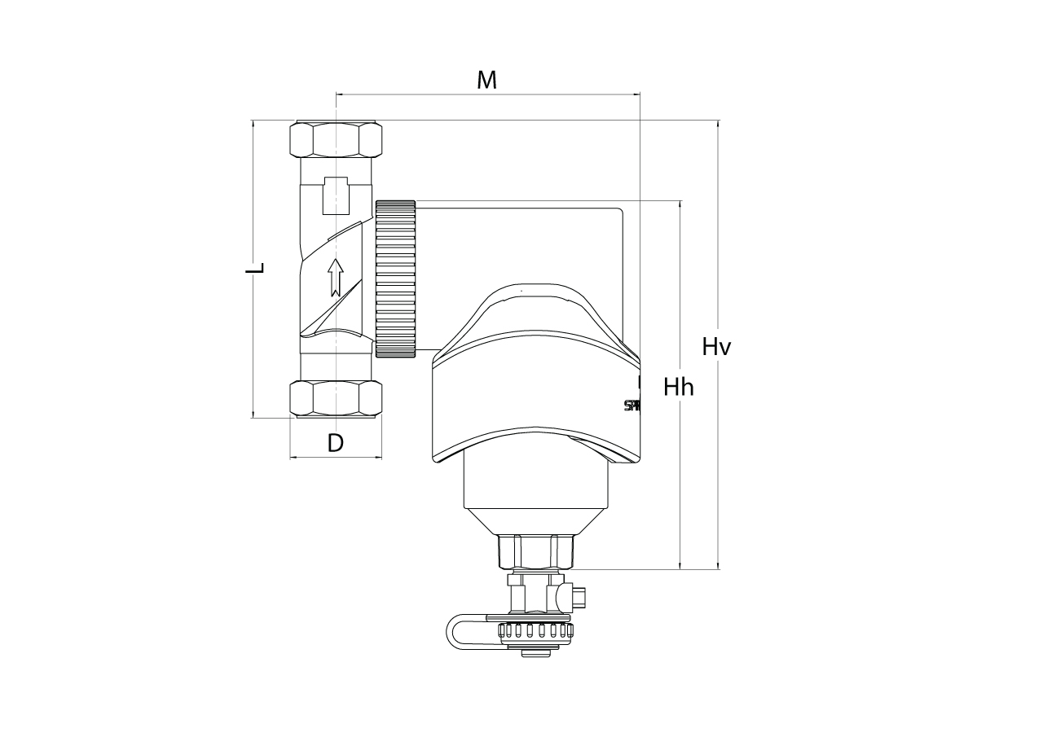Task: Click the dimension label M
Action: [x=486, y=80]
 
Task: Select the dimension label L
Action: [x=256, y=269]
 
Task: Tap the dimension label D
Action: [x=335, y=443]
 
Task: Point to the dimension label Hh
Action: [x=678, y=387]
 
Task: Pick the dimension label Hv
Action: [x=716, y=347]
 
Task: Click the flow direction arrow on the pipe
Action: [x=335, y=277]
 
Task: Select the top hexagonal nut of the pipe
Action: [x=337, y=139]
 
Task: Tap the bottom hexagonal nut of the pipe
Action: [x=337, y=399]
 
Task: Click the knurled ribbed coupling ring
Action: [x=396, y=278]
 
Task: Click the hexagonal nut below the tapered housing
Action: [x=536, y=551]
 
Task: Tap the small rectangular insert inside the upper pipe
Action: [x=337, y=195]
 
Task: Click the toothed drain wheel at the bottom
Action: [x=533, y=630]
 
